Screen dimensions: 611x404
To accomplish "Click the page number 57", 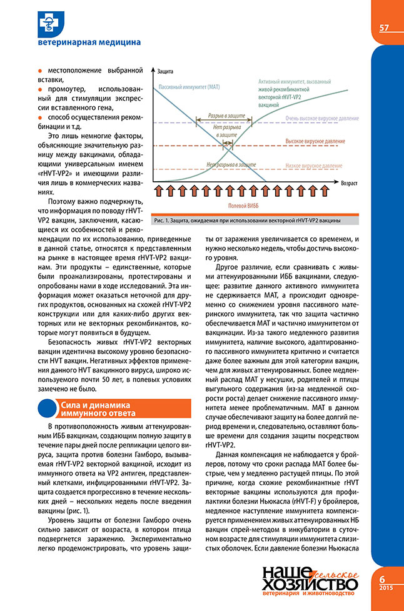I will click(384, 27).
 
